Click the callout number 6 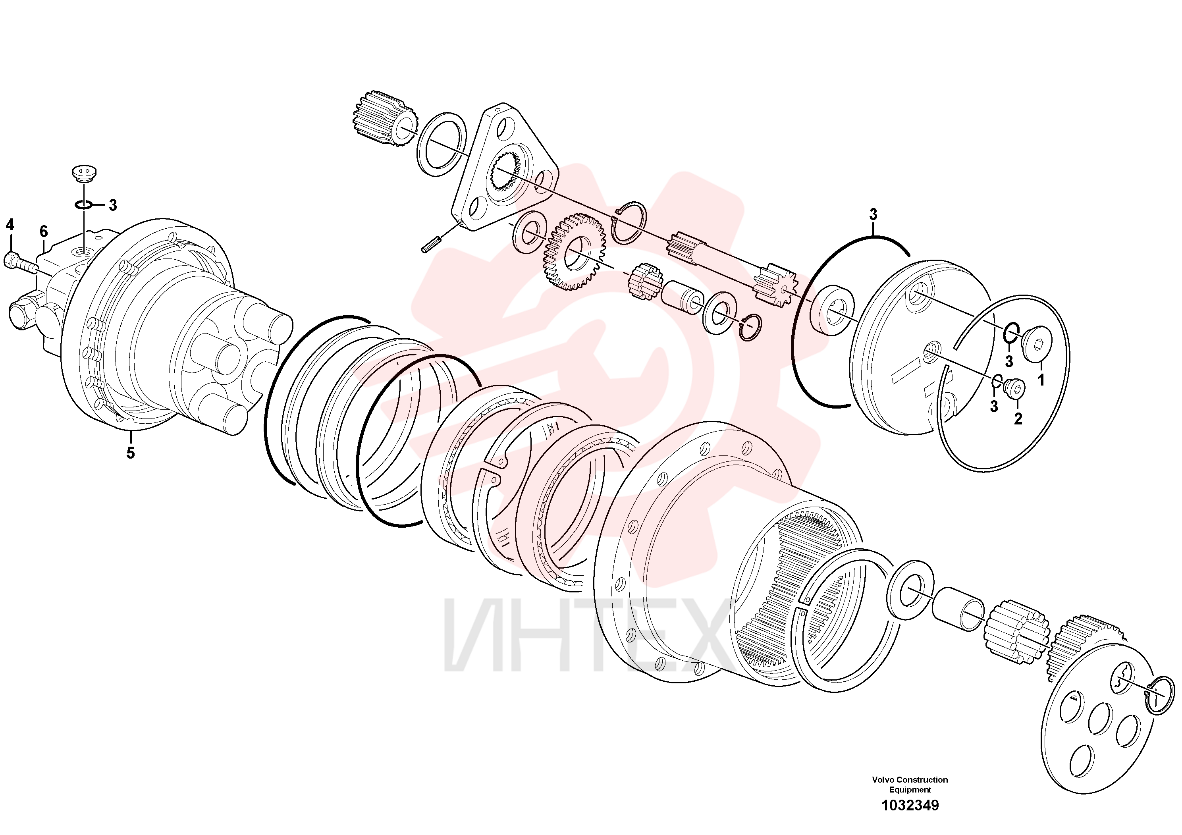(x=44, y=231)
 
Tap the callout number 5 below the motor (x=131, y=453)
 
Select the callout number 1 (x=1041, y=380)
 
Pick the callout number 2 (x=1018, y=419)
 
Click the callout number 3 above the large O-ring (x=873, y=214)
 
